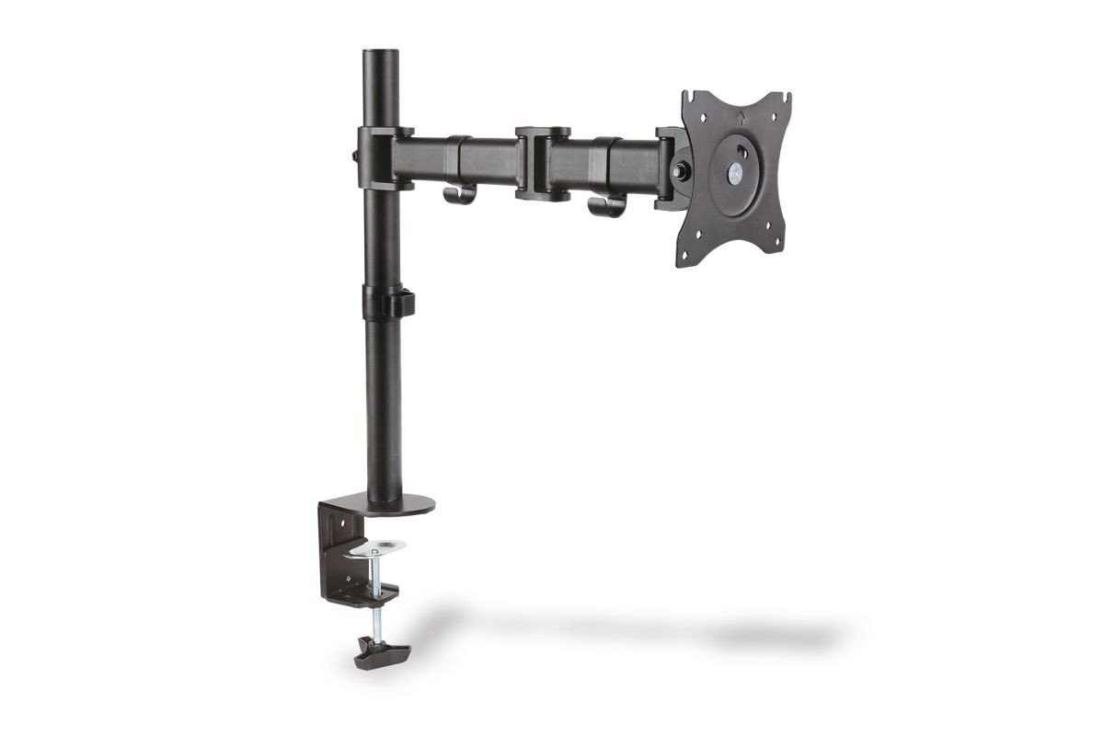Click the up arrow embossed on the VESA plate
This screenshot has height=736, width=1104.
point(742,117)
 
